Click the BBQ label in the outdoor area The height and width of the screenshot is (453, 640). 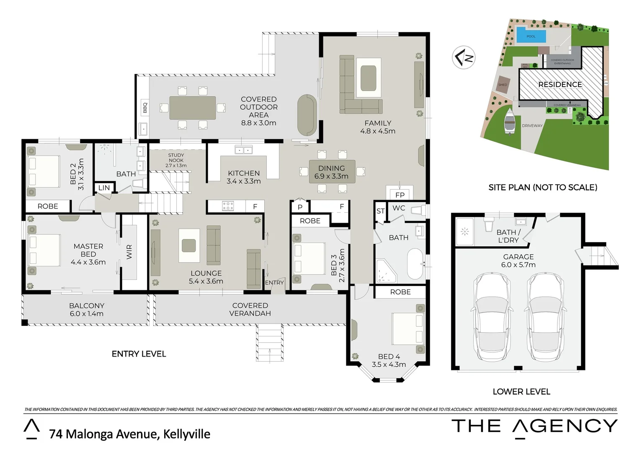pos(145,108)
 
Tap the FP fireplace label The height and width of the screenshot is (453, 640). pos(400,195)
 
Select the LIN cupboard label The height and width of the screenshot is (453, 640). pos(104,188)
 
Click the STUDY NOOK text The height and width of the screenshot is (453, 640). pos(176,158)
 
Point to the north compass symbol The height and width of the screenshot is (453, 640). pos(464,57)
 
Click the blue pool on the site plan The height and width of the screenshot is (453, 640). pos(531,35)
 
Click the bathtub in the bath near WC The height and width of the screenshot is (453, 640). pos(415,264)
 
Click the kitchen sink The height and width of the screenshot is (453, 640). pos(243,150)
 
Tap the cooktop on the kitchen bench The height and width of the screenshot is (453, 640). pos(228,206)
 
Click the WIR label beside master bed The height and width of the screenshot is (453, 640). pos(129,252)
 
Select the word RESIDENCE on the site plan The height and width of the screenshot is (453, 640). pos(560,84)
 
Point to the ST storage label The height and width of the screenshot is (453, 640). pos(380,211)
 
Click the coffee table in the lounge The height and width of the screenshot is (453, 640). pos(189,245)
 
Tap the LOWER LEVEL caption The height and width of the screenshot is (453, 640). pos(521,391)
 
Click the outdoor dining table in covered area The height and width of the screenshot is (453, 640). pos(193,108)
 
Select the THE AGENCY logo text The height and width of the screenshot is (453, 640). pos(534,426)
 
